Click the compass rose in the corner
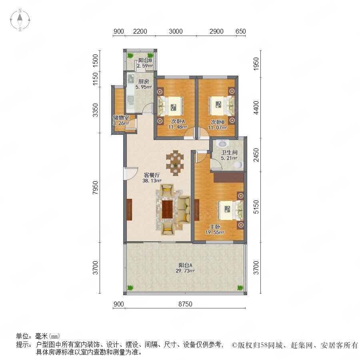tap(20, 20)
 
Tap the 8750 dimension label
tap(185, 304)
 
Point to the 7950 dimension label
tap(95, 188)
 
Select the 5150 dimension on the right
tap(256, 207)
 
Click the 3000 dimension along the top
tap(176, 31)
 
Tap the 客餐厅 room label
tap(152, 175)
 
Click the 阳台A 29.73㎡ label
tap(185, 268)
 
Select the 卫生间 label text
tap(229, 152)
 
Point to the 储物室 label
tap(121, 118)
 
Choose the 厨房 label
tap(144, 81)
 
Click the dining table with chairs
tap(175, 163)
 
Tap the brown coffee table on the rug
tap(167, 209)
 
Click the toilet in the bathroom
tap(238, 165)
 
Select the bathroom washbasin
tap(222, 144)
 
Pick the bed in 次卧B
tap(222, 105)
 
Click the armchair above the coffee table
tap(167, 190)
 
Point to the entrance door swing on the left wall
tap(130, 173)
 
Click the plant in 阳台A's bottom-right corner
tap(240, 288)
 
